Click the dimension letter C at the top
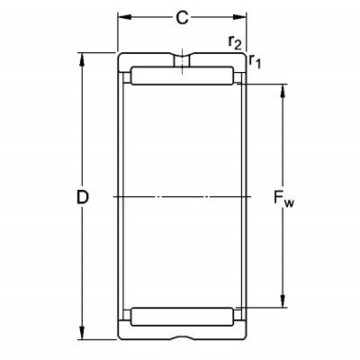(x=182, y=18)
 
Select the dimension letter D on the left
(x=83, y=197)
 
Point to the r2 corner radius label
(x=234, y=42)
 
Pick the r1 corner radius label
(x=255, y=61)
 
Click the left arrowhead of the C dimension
(x=124, y=17)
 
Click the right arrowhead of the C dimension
(x=239, y=17)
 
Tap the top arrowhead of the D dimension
(x=81, y=59)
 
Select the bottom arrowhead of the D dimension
(x=81, y=333)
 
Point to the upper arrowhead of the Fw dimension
(x=283, y=91)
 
